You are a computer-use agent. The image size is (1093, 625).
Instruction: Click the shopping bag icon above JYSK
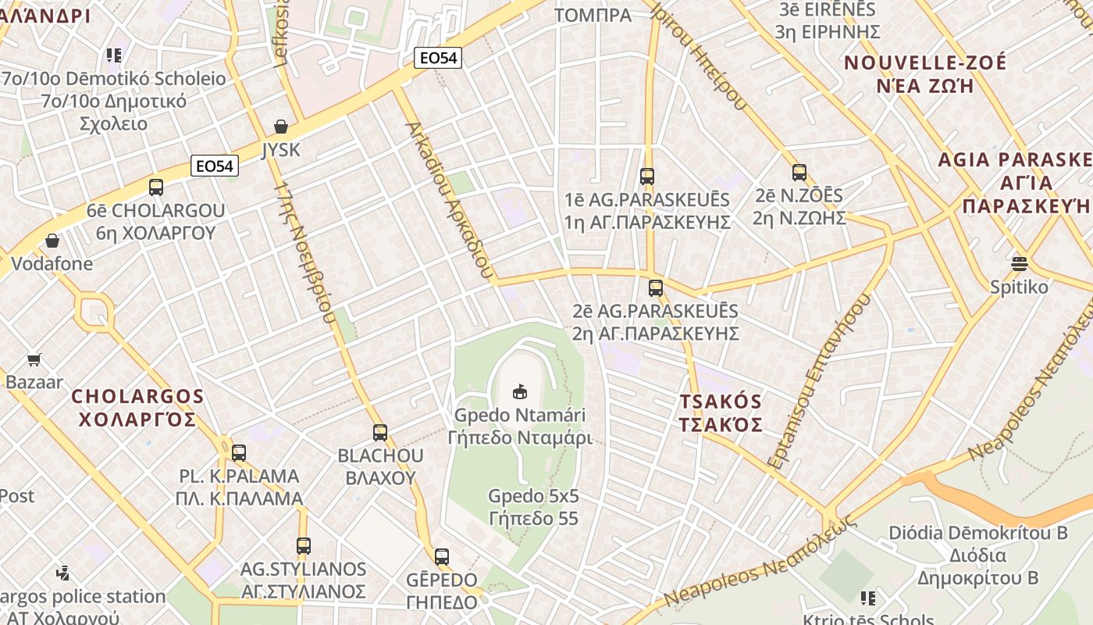pos(281,127)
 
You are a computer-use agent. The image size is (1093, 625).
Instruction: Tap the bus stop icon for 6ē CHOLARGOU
pos(156,187)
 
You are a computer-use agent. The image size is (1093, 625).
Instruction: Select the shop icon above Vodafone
pos(52,241)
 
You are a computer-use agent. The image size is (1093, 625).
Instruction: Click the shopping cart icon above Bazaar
pos(34,360)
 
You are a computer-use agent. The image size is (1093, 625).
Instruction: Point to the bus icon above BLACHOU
pos(380,432)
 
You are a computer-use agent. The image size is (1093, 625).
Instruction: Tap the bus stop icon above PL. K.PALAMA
pos(239,452)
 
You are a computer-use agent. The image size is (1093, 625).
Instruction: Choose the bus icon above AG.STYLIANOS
pos(304,546)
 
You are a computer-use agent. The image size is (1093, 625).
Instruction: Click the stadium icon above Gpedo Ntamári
pos(519,391)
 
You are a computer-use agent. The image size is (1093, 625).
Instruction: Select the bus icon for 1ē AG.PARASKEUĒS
pos(647,177)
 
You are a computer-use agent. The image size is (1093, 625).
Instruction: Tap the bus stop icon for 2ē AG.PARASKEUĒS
pos(656,288)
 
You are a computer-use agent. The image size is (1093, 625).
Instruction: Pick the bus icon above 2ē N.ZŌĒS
pos(799,173)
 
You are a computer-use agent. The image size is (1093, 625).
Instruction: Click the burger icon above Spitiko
pos(1020,263)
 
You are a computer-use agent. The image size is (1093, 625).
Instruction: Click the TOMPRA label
pos(593,15)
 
